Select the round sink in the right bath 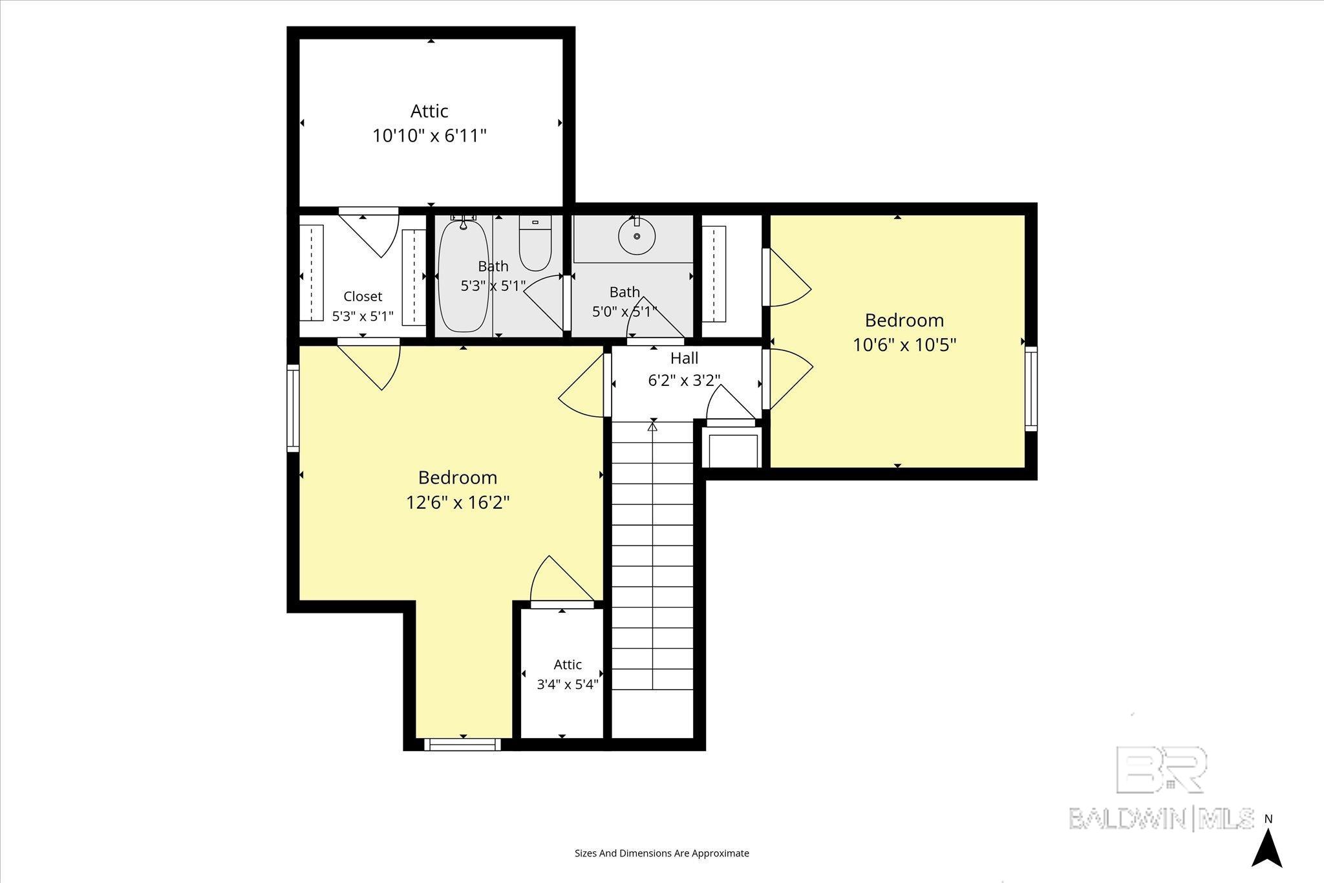click(637, 236)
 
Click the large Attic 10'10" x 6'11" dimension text click(429, 136)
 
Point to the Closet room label click(363, 296)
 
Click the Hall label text click(684, 357)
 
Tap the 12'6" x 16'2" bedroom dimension click(458, 502)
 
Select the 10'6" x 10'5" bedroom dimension click(904, 345)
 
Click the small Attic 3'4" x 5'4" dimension click(568, 684)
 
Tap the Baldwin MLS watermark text click(1161, 818)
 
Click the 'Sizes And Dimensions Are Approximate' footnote click(662, 853)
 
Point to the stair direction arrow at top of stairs click(652, 426)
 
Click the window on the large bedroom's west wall click(294, 407)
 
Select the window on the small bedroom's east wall click(1031, 388)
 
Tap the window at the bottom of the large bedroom click(462, 744)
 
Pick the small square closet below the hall click(733, 450)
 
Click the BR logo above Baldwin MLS click(1160, 769)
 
